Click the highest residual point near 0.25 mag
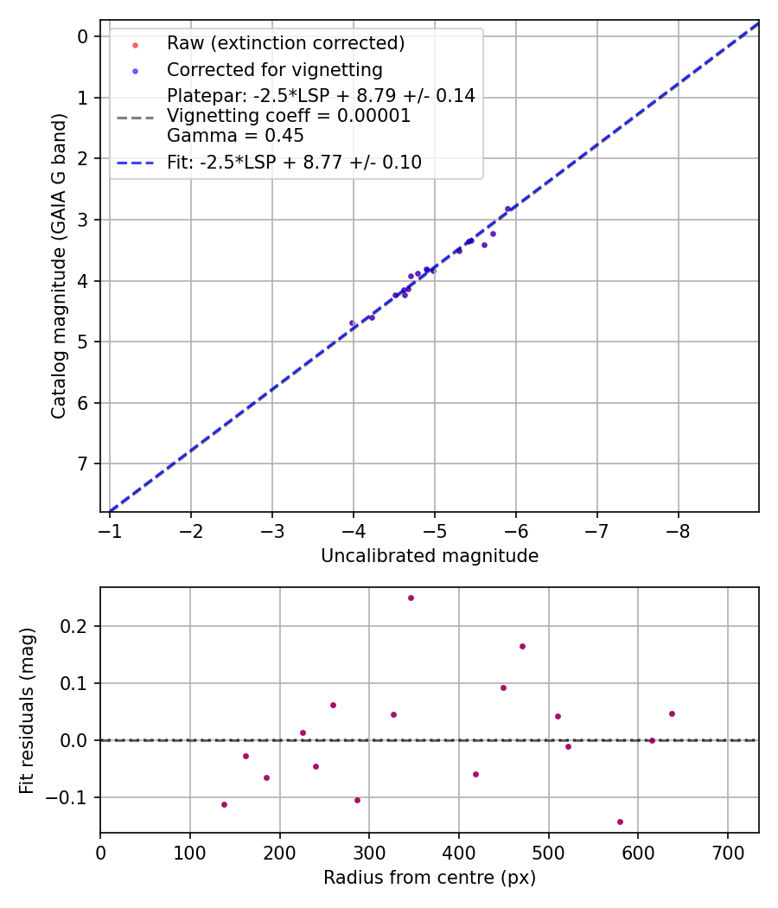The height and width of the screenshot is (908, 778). (x=411, y=598)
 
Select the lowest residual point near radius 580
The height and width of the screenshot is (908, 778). (x=620, y=822)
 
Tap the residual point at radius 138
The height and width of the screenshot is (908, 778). (x=224, y=804)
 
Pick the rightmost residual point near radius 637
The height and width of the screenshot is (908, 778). (x=672, y=713)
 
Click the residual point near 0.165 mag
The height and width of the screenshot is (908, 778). (x=522, y=646)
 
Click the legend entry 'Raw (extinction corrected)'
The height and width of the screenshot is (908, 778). (x=285, y=43)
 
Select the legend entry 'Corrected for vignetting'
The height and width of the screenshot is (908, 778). (x=274, y=69)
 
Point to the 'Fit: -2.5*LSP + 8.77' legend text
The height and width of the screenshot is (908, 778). (x=294, y=162)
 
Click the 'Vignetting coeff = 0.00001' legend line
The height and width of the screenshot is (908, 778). (x=289, y=116)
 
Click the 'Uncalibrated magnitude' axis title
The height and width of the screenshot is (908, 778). (x=430, y=556)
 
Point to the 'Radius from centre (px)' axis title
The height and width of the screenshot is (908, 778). (x=430, y=878)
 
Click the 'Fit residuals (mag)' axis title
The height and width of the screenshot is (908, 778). (x=27, y=710)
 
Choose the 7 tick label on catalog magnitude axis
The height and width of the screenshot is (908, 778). (x=83, y=464)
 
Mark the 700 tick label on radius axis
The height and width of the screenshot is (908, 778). (x=727, y=852)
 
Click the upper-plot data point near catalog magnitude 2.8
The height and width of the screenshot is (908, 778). (x=507, y=208)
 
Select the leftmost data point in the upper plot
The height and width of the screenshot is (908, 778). (x=352, y=323)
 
